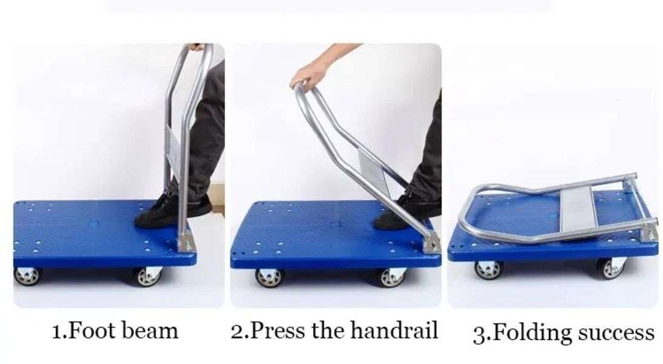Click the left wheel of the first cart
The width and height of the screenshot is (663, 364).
coord(29,275)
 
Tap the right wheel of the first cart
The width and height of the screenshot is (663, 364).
coord(147,276)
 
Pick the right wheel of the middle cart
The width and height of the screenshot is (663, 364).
coord(392,277)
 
